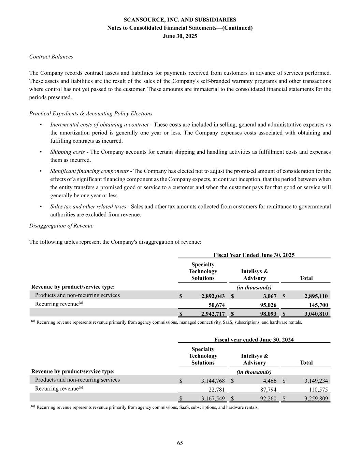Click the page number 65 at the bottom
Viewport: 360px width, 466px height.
click(x=180, y=443)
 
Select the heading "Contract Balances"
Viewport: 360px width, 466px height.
click(x=51, y=57)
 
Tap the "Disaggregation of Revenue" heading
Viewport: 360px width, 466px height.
click(x=61, y=226)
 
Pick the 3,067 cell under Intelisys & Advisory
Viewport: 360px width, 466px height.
click(x=269, y=296)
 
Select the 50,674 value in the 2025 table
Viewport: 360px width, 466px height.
click(x=216, y=305)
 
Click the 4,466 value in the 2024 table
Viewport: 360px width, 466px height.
click(x=269, y=381)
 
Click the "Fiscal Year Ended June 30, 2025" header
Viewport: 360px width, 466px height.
click(x=254, y=255)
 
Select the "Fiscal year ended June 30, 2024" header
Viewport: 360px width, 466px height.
click(x=254, y=340)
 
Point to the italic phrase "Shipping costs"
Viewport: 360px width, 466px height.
click(x=68, y=152)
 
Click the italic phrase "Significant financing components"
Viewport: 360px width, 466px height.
click(x=89, y=171)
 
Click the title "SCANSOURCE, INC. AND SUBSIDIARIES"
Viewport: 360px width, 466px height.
click(x=180, y=20)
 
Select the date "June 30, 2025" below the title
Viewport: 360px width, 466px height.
click(x=180, y=36)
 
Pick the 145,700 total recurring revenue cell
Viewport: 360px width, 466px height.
click(x=318, y=305)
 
